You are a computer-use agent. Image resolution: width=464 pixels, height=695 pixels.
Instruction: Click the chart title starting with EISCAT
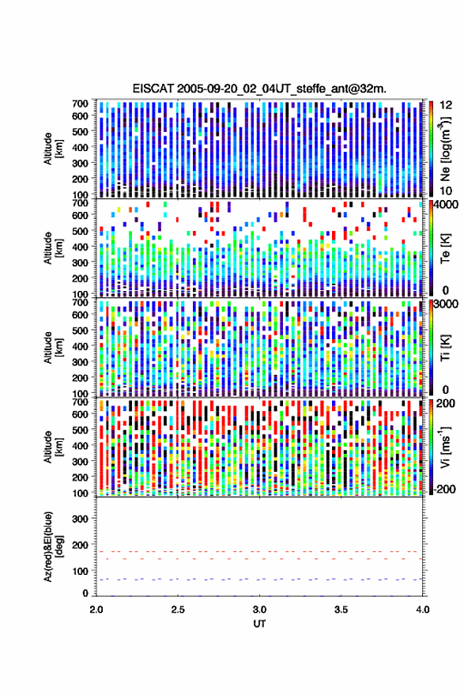(x=259, y=89)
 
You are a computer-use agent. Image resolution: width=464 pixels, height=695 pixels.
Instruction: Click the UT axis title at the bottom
(x=259, y=624)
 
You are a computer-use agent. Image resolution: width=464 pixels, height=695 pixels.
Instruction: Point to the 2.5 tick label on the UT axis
(x=178, y=610)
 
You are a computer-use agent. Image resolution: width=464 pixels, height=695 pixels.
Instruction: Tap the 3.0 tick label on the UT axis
(x=260, y=610)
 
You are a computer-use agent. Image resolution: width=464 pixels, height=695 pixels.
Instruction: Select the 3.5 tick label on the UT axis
(x=341, y=610)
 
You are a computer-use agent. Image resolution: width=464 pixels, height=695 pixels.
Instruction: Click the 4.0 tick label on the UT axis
(x=423, y=610)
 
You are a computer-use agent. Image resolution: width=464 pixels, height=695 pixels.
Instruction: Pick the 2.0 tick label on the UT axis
(x=96, y=610)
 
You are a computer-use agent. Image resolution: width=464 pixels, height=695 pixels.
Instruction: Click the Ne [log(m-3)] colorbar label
(x=445, y=149)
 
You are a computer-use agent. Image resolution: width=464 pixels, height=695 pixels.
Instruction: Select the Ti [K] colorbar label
(x=445, y=348)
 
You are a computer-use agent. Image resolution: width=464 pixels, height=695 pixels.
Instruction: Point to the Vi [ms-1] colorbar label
(x=445, y=447)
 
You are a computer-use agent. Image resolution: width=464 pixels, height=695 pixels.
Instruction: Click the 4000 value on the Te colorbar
(x=447, y=206)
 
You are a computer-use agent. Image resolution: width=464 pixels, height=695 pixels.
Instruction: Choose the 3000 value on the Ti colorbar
(x=447, y=304)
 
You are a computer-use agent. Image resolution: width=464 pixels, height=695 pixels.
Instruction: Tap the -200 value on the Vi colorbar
(x=445, y=489)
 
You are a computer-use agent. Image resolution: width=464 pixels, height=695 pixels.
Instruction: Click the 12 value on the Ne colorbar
(x=447, y=105)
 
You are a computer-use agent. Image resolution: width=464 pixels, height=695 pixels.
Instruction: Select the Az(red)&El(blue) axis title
(x=53, y=546)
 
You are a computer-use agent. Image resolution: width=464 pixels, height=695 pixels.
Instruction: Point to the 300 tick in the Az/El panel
(x=80, y=519)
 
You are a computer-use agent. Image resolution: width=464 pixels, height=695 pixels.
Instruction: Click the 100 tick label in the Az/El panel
(x=80, y=571)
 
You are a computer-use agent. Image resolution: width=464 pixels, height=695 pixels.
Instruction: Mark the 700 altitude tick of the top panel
(x=80, y=104)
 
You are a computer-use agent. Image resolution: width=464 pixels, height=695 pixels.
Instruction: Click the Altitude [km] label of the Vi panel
(x=53, y=447)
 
